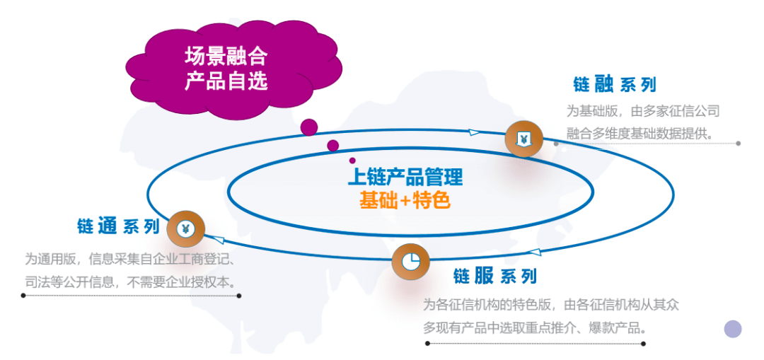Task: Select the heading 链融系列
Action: [615, 86]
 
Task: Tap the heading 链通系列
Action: [118, 226]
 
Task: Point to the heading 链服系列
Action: [494, 277]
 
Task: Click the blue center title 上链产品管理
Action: [405, 178]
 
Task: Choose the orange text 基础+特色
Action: [405, 200]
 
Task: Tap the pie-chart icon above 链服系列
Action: [411, 262]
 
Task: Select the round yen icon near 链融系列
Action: [523, 139]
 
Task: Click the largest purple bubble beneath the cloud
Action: [309, 127]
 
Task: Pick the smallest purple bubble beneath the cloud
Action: [352, 161]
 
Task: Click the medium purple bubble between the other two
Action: [332, 145]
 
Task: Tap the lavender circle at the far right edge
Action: [732, 329]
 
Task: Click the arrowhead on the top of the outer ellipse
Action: [473, 131]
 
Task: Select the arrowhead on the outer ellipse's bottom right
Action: [534, 252]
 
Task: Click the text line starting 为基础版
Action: [642, 111]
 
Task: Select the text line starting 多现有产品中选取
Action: [535, 328]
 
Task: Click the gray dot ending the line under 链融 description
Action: [738, 143]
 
